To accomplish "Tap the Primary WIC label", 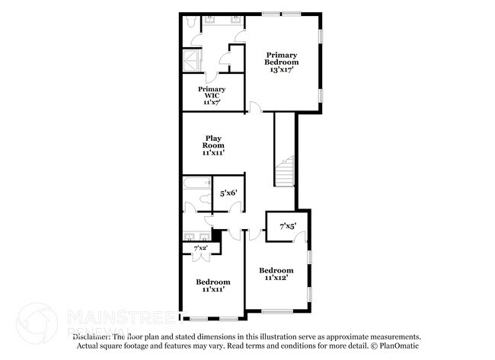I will tap(212, 94).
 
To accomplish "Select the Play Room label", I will tap(212, 145).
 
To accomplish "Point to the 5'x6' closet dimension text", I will tap(228, 193).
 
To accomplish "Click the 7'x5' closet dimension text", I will tap(287, 225).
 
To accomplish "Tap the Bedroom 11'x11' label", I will tap(212, 285).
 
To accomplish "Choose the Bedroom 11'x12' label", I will tap(276, 274).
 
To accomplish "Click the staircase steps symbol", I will tap(284, 171).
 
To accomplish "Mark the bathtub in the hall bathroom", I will tap(196, 183).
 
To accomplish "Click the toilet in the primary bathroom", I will tap(190, 21).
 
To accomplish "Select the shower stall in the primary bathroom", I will tap(191, 60).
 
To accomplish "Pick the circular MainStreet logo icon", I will tap(36, 323).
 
